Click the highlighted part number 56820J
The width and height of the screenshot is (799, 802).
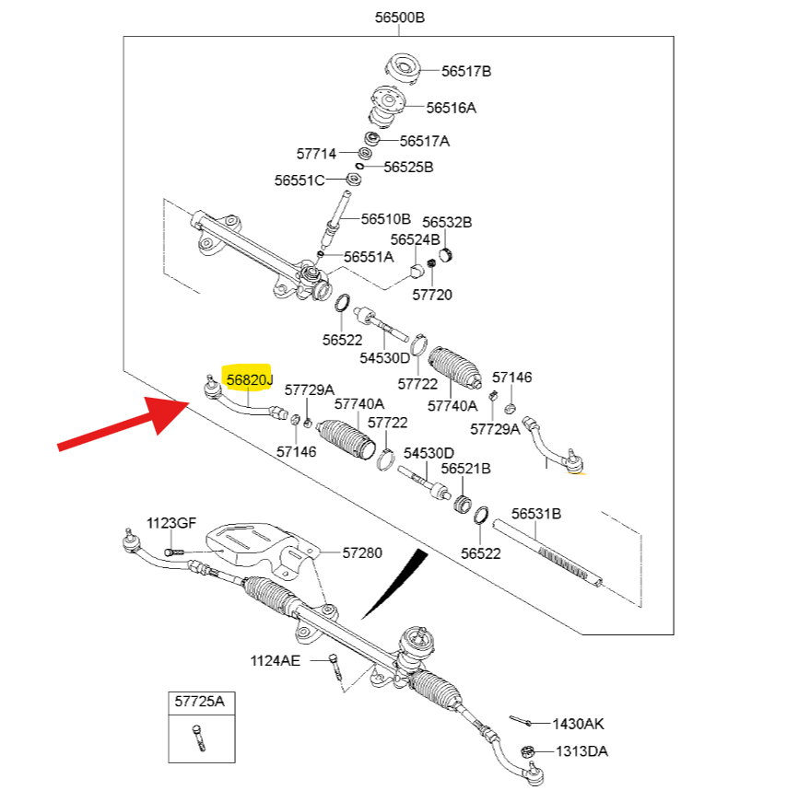(250, 379)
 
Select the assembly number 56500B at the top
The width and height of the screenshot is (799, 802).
(399, 17)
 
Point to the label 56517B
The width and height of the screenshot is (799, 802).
(465, 71)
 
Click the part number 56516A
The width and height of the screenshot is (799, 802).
(451, 108)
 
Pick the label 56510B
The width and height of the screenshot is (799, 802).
(385, 219)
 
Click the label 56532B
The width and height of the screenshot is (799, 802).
(447, 222)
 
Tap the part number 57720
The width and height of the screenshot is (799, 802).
(432, 295)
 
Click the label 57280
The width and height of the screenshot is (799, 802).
(361, 552)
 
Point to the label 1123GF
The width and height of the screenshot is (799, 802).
(171, 523)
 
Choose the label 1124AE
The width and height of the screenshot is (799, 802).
(275, 660)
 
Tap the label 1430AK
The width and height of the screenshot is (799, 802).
(578, 724)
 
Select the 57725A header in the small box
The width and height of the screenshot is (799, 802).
(199, 702)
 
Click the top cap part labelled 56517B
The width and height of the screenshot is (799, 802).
(405, 68)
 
